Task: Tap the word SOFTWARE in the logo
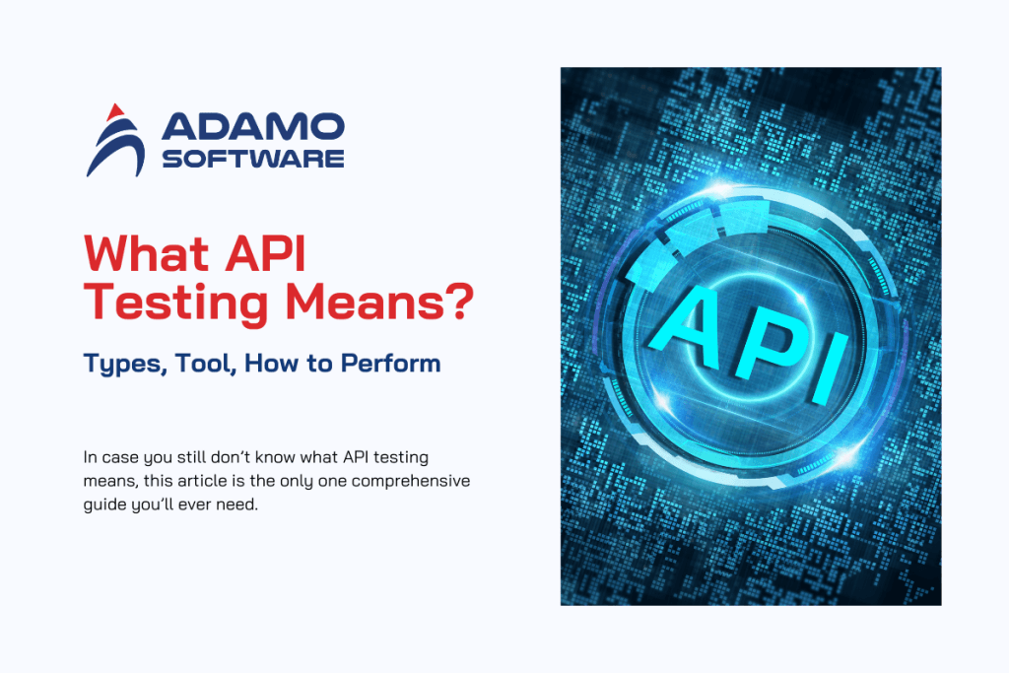pyautogui.click(x=252, y=158)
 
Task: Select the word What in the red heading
pyautogui.click(x=144, y=254)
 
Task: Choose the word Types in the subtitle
pyautogui.click(x=118, y=364)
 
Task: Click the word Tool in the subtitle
pyautogui.click(x=200, y=363)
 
